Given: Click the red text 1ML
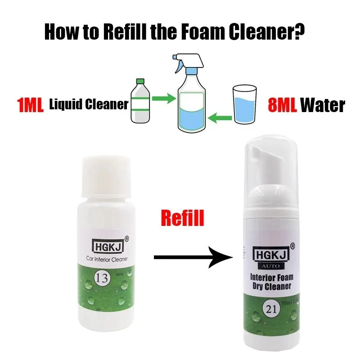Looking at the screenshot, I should pyautogui.click(x=30, y=105).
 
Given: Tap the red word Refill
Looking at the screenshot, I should pyautogui.click(x=182, y=218).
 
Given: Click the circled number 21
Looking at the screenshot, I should pyautogui.click(x=271, y=310).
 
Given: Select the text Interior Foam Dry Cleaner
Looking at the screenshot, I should pyautogui.click(x=271, y=281).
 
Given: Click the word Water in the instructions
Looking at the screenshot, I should pyautogui.click(x=323, y=105).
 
